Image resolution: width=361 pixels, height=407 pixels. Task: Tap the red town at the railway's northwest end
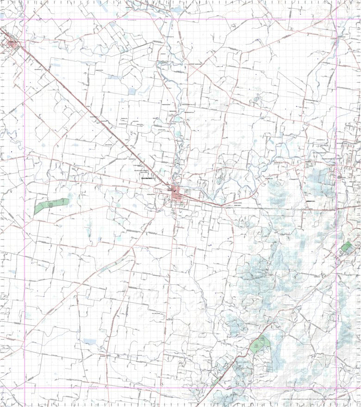[11, 44]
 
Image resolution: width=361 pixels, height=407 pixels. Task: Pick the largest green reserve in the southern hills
[260, 344]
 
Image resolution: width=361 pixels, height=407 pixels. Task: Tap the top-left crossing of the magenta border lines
[25, 19]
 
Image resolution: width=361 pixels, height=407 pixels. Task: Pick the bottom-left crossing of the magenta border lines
[25, 388]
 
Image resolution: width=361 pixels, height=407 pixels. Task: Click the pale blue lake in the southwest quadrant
[89, 342]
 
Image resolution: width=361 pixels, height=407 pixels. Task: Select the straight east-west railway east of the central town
[278, 208]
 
